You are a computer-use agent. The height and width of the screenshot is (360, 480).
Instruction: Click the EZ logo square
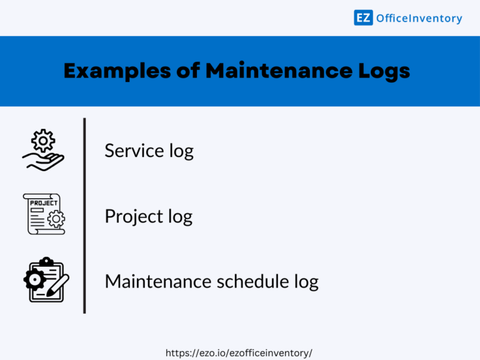(x=363, y=17)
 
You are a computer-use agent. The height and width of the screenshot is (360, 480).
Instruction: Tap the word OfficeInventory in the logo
(x=419, y=18)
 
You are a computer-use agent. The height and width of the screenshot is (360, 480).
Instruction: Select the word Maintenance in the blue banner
(x=276, y=71)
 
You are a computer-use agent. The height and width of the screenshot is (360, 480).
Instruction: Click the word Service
(x=135, y=151)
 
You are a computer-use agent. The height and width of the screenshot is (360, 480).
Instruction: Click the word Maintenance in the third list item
(x=157, y=281)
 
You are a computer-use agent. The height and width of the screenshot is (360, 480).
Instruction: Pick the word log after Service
(x=181, y=152)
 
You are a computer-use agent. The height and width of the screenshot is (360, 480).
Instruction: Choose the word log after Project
(x=180, y=217)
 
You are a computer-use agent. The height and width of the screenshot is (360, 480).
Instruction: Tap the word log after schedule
(x=306, y=282)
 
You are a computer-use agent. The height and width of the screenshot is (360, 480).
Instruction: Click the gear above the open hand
(x=43, y=141)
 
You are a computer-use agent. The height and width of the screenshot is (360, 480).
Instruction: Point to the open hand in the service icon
(x=43, y=161)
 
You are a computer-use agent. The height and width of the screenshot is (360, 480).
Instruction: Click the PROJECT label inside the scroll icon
(x=44, y=203)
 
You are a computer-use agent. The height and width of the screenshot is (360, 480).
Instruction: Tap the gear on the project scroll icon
(x=56, y=219)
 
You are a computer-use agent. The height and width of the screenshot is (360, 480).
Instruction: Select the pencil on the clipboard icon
(x=59, y=285)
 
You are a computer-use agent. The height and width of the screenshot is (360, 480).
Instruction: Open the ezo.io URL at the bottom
(x=239, y=353)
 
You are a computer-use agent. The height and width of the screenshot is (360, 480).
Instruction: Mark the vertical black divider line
(x=84, y=216)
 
